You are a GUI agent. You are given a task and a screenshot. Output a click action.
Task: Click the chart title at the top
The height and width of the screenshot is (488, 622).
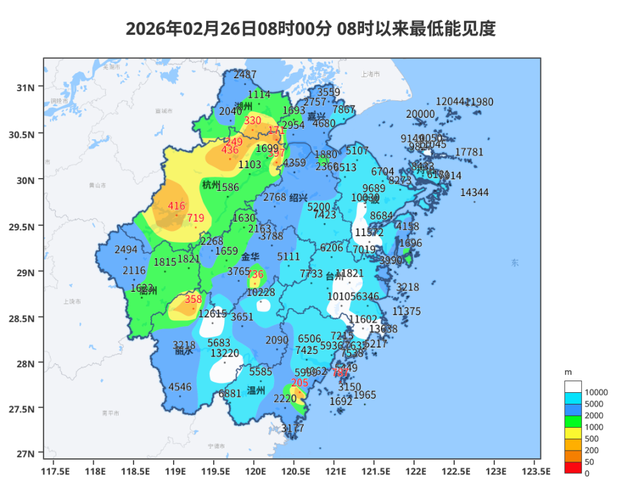310,29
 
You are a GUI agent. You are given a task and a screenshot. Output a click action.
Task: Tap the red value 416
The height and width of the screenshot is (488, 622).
176,206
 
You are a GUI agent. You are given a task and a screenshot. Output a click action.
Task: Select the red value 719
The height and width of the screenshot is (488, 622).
196,218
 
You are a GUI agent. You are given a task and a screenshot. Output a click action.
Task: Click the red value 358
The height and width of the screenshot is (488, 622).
193,300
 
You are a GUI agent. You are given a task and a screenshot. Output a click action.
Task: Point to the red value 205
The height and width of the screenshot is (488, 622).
299,383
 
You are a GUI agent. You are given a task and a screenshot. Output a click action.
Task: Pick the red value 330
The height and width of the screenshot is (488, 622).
252,121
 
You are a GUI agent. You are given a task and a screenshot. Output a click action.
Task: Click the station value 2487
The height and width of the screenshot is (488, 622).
245,74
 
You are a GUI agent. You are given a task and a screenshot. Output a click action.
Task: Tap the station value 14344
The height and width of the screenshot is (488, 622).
474,193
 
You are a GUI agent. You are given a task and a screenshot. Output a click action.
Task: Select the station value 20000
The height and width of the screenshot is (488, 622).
420,115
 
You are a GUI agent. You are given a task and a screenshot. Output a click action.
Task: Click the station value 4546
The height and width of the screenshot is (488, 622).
180,388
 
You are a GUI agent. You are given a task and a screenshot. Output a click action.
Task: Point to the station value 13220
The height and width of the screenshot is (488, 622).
225,353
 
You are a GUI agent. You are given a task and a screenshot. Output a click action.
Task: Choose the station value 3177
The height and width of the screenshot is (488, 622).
292,428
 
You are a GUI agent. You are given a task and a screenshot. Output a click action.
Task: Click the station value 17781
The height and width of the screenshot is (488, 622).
469,152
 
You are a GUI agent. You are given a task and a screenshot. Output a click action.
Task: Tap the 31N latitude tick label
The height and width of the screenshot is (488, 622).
25,87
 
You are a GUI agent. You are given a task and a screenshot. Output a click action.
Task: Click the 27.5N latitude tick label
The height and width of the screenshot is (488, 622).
22,408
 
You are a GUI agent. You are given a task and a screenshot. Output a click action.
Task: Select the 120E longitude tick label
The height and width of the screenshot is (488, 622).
255,471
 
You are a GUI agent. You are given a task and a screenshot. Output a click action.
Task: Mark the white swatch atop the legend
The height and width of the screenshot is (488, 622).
573,386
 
